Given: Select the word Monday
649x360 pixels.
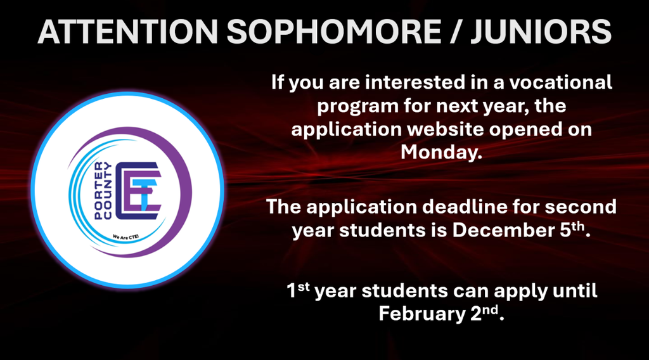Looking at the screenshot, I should (x=437, y=153).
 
